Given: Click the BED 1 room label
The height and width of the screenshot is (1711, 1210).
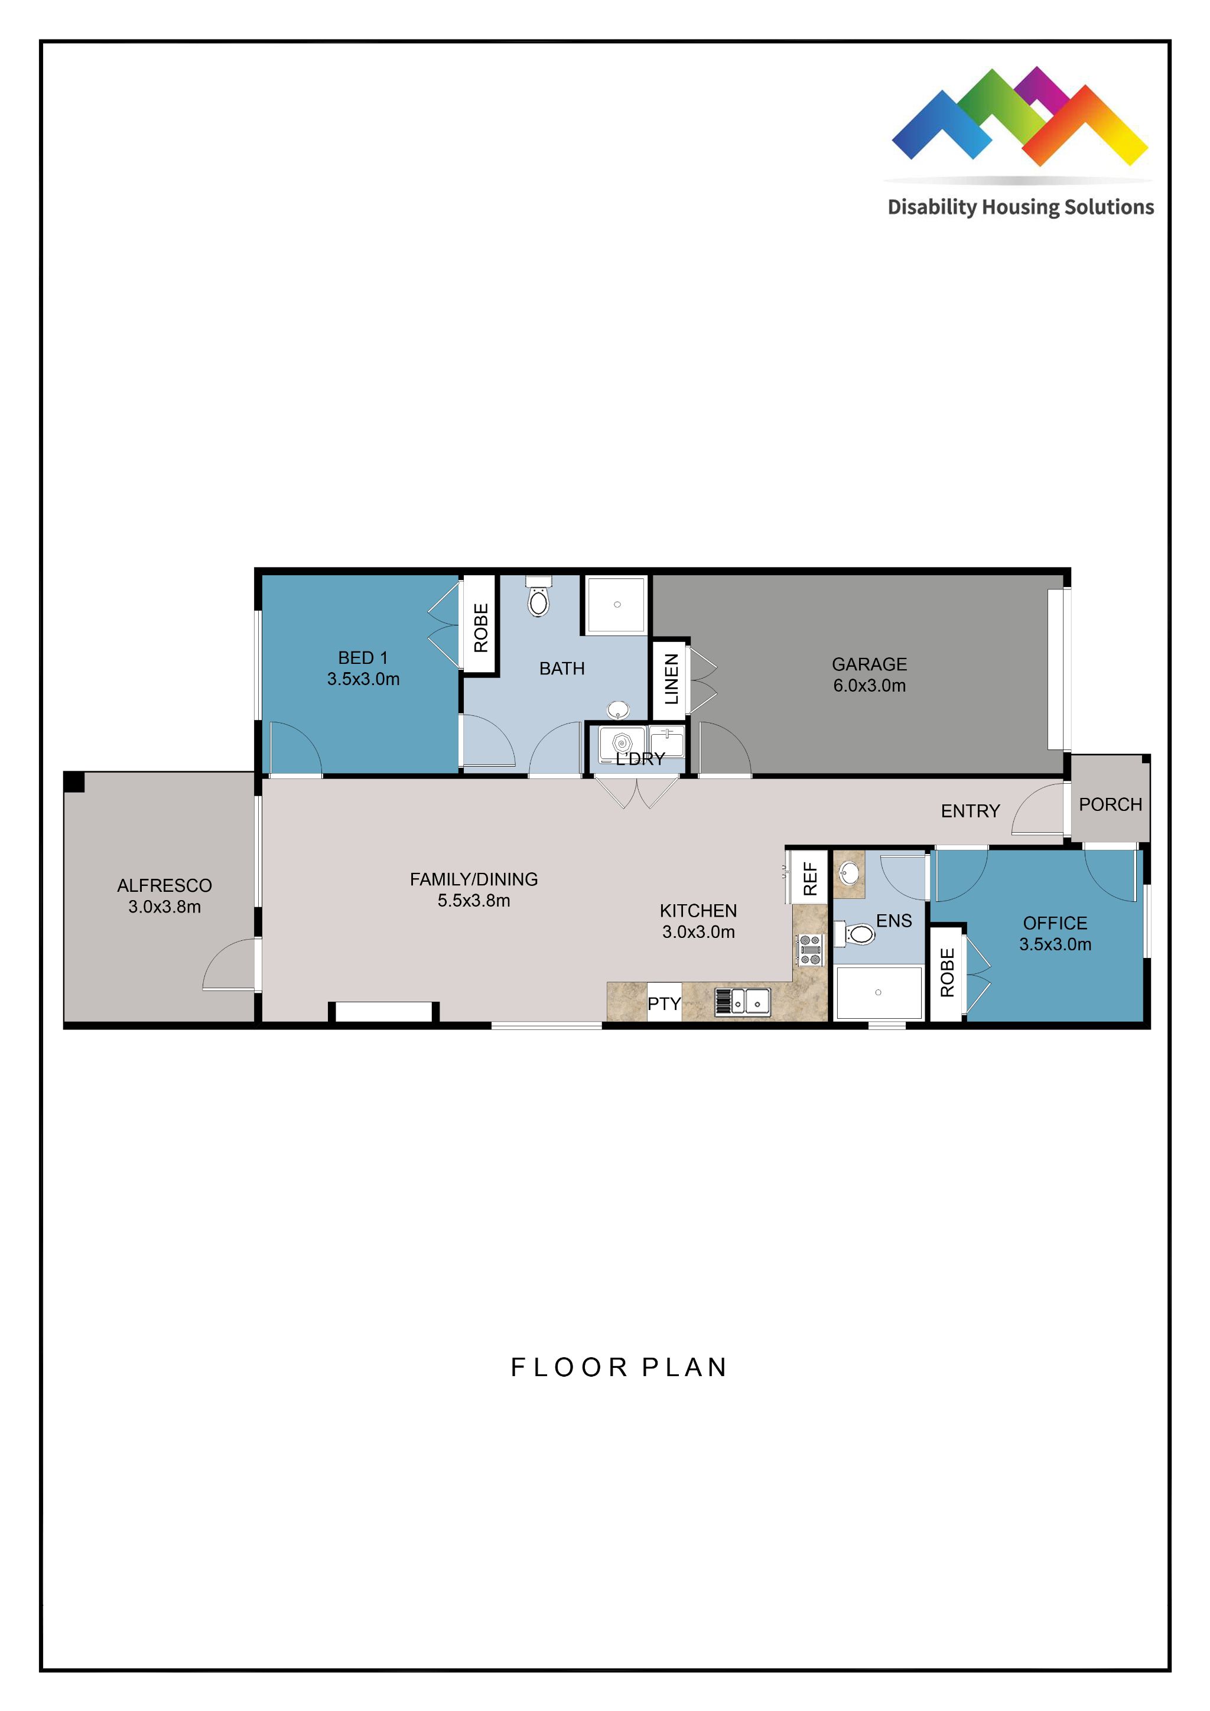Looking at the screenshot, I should point(363,658).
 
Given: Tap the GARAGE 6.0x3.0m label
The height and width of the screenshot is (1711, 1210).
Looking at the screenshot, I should point(869,674).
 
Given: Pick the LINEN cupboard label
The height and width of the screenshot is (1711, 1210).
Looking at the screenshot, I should point(671,679).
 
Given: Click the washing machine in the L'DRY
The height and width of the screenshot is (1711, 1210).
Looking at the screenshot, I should point(622,744).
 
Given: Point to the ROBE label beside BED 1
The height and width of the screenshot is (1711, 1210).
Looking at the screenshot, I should point(481,627).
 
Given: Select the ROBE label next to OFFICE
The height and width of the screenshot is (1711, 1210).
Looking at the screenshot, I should point(947,973).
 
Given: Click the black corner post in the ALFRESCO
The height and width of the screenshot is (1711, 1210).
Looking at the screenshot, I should point(74,782).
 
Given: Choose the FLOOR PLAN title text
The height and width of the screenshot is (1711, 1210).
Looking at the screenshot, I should point(619,1367).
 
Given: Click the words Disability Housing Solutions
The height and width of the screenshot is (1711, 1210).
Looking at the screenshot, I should point(1020,207).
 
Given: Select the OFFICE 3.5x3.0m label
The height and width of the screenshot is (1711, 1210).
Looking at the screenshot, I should point(1055,934).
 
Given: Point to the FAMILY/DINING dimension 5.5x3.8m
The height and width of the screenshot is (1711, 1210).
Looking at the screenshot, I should point(473,900).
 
